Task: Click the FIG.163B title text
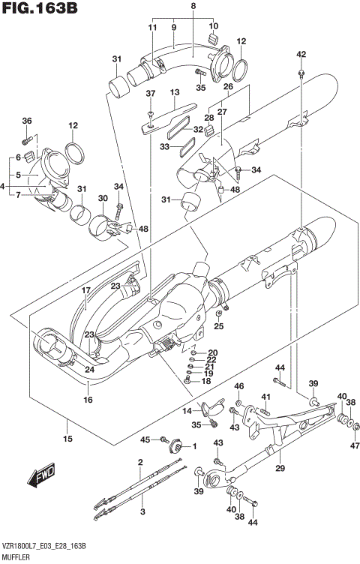click(x=42, y=10)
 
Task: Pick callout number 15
click(x=67, y=438)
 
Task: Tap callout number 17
click(x=85, y=290)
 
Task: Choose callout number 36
click(x=27, y=121)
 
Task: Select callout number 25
click(x=218, y=326)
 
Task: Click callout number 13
click(x=175, y=93)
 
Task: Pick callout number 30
click(x=103, y=197)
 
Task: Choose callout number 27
click(x=223, y=112)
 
